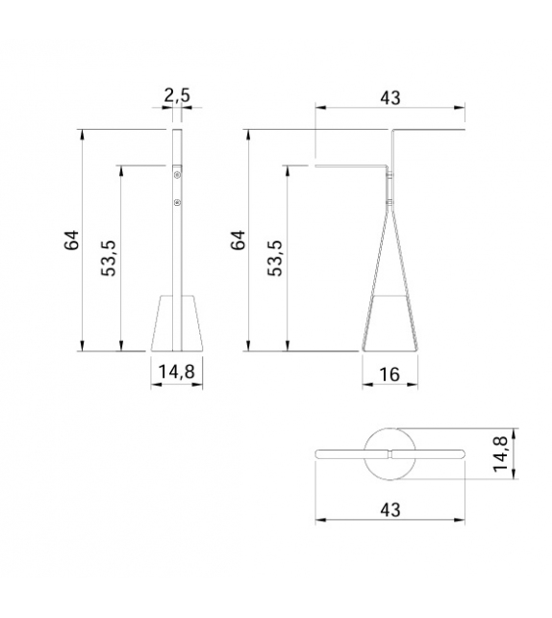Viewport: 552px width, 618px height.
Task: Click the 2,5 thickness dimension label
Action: [176, 95]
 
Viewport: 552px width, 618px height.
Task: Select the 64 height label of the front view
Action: [72, 241]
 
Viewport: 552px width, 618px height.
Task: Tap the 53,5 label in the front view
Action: [109, 257]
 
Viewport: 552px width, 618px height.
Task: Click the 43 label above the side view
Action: [389, 97]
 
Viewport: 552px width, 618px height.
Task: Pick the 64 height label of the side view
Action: [238, 241]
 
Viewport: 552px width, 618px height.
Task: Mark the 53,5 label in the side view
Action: [275, 257]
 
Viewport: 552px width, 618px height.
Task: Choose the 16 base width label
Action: [389, 373]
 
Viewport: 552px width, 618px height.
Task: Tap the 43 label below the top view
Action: [389, 507]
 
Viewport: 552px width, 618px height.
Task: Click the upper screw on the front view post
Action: [177, 175]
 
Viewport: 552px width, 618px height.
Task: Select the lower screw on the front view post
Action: [177, 202]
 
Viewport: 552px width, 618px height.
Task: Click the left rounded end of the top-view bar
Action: [320, 452]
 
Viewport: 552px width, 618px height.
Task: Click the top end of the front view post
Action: [177, 132]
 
